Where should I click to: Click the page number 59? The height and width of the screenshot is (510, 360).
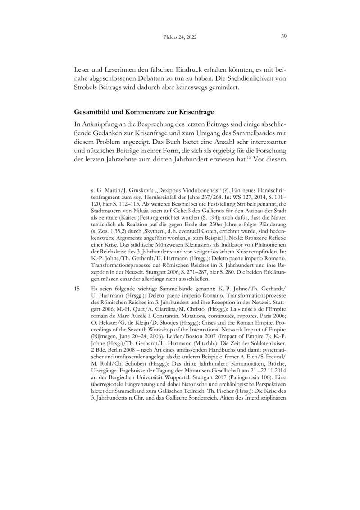click(x=284, y=36)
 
